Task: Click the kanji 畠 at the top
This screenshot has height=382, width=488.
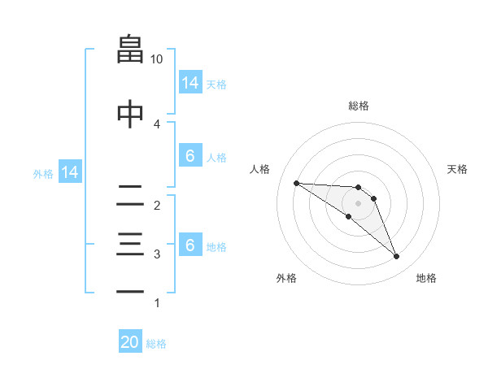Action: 130,49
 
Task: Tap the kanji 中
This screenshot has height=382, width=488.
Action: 130,112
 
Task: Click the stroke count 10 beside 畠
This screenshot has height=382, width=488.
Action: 157,59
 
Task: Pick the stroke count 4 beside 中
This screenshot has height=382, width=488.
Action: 157,124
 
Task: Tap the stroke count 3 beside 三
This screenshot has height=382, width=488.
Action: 157,254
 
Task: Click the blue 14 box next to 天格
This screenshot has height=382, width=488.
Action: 190,83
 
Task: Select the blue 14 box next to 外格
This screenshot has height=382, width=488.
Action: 69,172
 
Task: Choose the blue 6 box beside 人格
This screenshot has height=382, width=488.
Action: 190,156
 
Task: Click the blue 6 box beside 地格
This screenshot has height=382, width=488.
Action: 190,245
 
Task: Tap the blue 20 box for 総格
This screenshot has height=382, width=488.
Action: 130,342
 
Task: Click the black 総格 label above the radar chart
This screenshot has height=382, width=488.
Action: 359,106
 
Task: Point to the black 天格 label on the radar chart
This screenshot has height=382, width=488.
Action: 458,169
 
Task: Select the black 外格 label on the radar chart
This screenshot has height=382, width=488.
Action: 286,278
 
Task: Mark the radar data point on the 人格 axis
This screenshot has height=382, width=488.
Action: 296,183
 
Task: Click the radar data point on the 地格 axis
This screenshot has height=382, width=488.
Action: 397,257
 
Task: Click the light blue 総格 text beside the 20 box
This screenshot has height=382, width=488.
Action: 156,344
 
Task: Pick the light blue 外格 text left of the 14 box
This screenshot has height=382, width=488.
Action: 43,173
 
